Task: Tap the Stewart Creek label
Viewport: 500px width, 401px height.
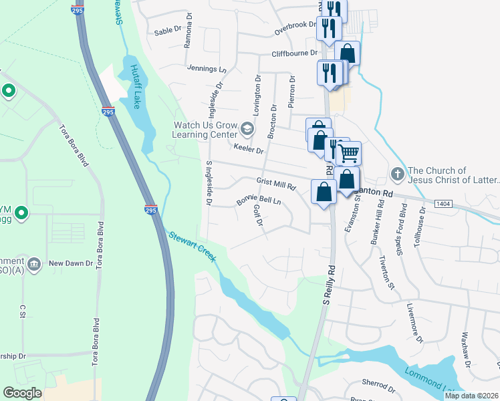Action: pos(192,245)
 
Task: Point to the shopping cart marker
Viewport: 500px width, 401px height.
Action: pos(349,154)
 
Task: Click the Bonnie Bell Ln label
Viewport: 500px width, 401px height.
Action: pos(258,200)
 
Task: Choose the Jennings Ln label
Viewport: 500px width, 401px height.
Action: pos(207,69)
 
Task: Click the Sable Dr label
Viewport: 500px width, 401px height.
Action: pos(168,30)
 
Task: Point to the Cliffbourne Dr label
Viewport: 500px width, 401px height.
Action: pos(294,54)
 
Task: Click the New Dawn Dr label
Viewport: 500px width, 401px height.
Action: pos(70,263)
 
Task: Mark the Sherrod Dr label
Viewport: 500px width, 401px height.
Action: pos(379,384)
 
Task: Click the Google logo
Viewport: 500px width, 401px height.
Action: pos(23,392)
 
